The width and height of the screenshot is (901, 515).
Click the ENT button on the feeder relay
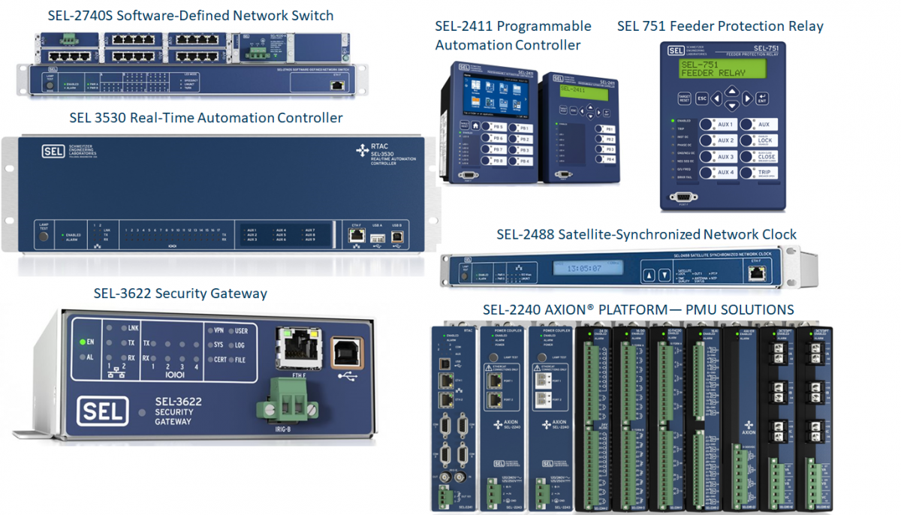(x=763, y=98)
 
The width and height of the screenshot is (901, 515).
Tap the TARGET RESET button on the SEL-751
(x=684, y=98)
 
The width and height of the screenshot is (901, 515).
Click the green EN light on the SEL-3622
(x=83, y=342)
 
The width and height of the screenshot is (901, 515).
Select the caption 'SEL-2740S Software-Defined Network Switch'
(x=191, y=16)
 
